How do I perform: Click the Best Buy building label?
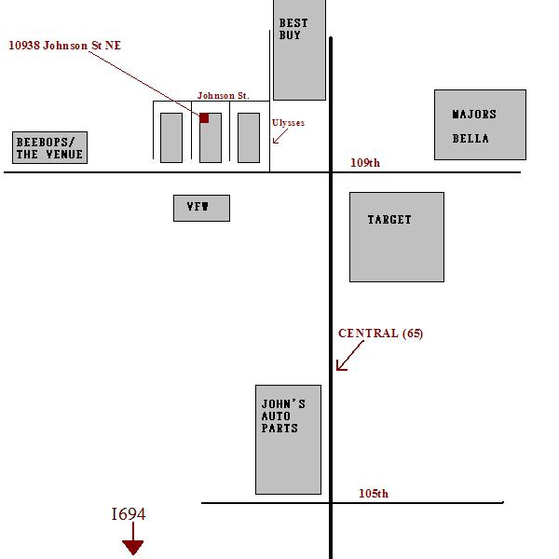pyautogui.click(x=293, y=29)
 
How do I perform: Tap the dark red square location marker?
pyautogui.click(x=204, y=117)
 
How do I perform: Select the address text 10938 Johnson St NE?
pyautogui.click(x=65, y=46)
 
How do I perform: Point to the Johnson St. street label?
pyautogui.click(x=224, y=96)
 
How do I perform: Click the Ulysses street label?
pyautogui.click(x=288, y=123)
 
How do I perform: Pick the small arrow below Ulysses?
pyautogui.click(x=280, y=136)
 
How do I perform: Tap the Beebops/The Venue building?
pyautogui.click(x=50, y=147)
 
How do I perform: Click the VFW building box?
pyautogui.click(x=201, y=208)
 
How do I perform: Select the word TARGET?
pyautogui.click(x=389, y=219)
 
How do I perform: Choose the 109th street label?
pyautogui.click(x=365, y=163)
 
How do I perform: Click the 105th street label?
pyautogui.click(x=374, y=494)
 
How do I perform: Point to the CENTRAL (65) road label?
pyautogui.click(x=380, y=334)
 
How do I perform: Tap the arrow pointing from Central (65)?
pyautogui.click(x=350, y=356)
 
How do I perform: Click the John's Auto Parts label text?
pyautogui.click(x=283, y=416)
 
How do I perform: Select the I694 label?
pyautogui.click(x=129, y=514)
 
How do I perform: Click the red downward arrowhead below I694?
pyautogui.click(x=132, y=548)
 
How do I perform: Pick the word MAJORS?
pyautogui.click(x=474, y=114)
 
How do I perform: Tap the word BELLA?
pyautogui.click(x=470, y=138)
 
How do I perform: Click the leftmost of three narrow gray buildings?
pyautogui.click(x=171, y=138)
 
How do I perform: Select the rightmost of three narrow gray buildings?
pyautogui.click(x=249, y=138)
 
